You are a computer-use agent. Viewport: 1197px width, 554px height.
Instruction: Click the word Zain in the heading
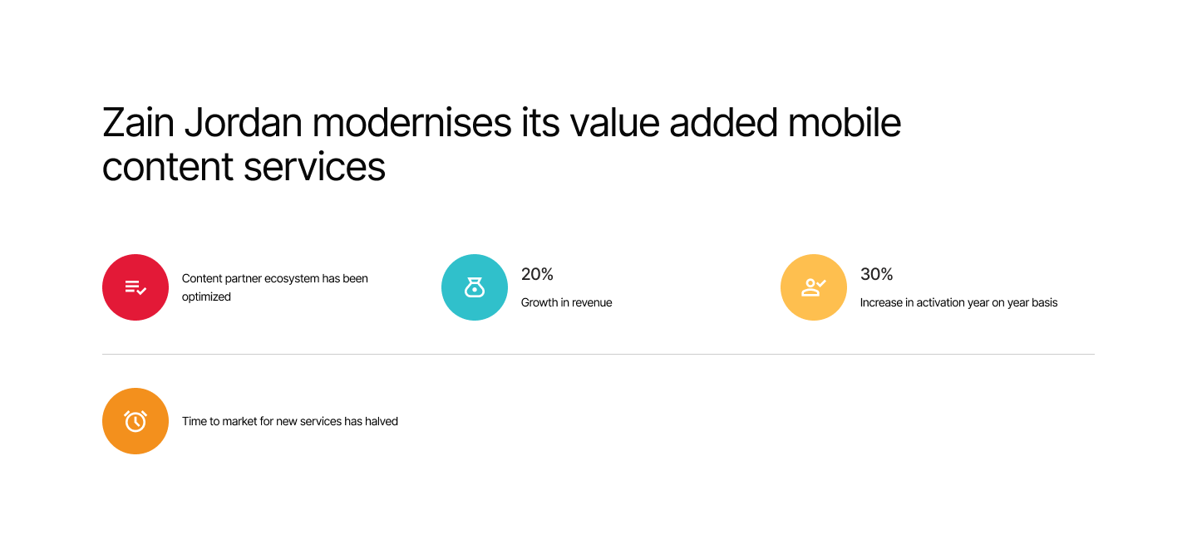tap(138, 123)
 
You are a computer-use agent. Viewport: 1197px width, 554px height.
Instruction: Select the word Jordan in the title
tap(244, 123)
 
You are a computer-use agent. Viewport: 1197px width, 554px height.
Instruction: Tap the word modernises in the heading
tap(411, 123)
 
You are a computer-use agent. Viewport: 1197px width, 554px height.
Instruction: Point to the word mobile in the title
tap(845, 123)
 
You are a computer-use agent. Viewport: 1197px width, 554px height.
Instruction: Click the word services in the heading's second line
tap(314, 166)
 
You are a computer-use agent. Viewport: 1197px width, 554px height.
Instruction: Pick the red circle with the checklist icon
tap(135, 287)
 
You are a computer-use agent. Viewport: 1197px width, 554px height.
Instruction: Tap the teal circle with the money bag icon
tap(475, 287)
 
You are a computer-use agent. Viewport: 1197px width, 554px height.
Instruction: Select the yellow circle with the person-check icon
tap(813, 287)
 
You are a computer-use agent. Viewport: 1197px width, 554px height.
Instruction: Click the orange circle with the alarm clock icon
tap(135, 421)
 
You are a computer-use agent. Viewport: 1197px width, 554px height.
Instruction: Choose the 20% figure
tap(537, 274)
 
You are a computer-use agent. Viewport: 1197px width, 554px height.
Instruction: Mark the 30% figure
tap(876, 274)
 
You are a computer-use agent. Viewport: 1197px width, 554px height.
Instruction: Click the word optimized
tap(206, 297)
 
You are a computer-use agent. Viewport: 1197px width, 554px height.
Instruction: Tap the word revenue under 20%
tap(590, 302)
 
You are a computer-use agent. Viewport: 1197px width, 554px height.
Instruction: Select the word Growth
tap(539, 302)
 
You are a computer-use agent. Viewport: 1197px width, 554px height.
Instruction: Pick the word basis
tap(1045, 302)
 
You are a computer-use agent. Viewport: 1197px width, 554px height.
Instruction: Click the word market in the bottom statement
tap(239, 421)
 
